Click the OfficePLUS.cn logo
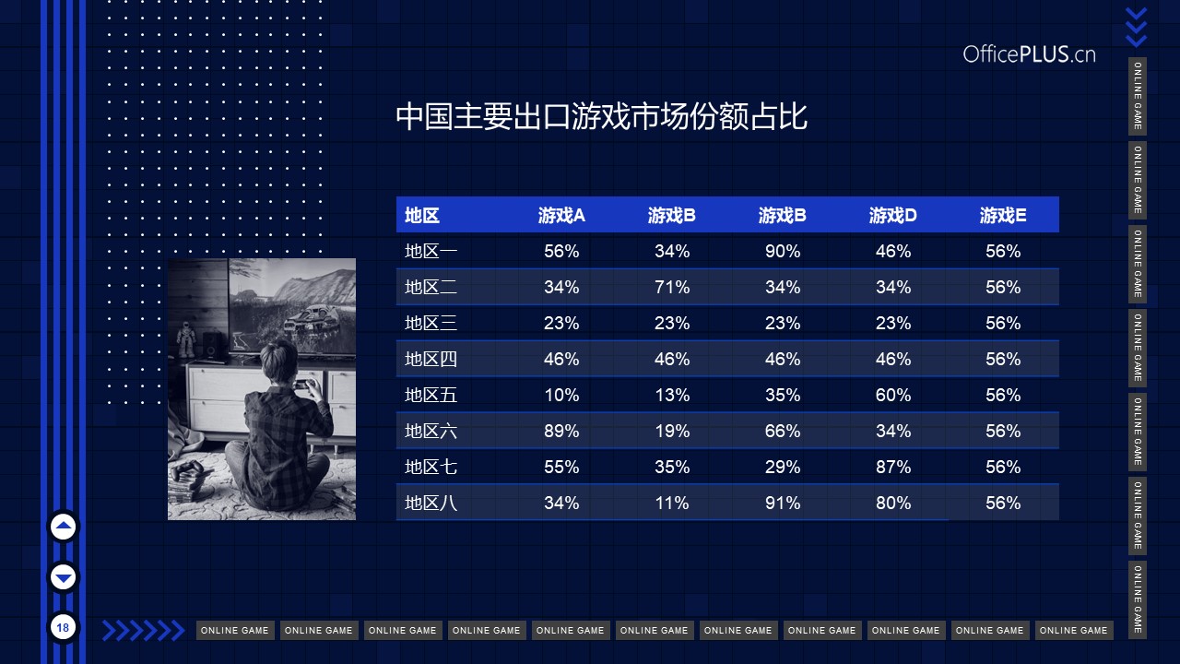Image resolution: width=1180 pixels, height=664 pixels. pos(1029,54)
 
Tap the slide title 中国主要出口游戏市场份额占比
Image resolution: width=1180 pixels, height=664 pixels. pos(601,116)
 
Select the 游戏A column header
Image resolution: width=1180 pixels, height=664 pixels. pos(561,215)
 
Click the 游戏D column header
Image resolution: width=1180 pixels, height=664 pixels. pos(893,215)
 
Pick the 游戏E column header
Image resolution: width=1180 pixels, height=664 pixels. pos(1003,215)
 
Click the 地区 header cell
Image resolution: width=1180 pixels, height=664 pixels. pos(422,215)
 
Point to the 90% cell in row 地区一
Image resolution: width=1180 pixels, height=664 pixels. pos(783,251)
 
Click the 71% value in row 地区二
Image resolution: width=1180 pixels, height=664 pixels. pos(672,287)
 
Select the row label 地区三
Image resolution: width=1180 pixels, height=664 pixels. pos(431,323)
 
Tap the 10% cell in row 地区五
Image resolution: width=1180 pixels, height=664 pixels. pos(561,396)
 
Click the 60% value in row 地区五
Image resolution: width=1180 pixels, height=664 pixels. pos(893,396)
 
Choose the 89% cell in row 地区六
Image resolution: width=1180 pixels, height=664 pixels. pos(561,431)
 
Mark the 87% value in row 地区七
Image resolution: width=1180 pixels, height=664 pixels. pos(893,467)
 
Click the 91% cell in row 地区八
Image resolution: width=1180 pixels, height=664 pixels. pos(783,503)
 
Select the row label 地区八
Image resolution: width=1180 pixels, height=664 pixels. pos(431,503)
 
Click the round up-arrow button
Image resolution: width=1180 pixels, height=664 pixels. pos(64,527)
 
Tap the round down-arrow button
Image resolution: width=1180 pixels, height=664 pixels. pos(64,577)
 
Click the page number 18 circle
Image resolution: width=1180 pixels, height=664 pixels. pos(64,628)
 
